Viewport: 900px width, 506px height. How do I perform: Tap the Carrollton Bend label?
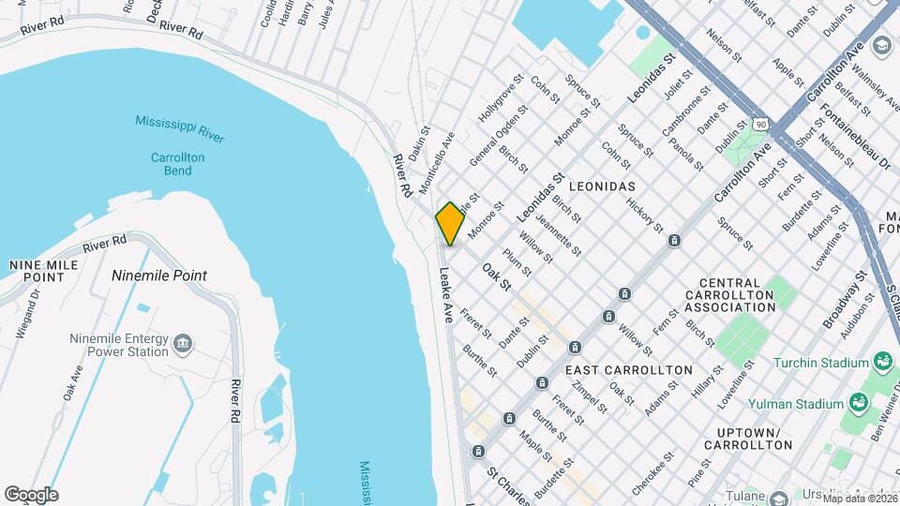tap(177, 165)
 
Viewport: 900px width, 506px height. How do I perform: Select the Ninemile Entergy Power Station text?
tap(119, 346)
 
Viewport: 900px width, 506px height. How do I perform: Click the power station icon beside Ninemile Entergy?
tap(183, 346)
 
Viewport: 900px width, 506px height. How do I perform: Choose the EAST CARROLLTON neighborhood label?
tap(629, 370)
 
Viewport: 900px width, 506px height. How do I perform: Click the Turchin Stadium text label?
tap(822, 363)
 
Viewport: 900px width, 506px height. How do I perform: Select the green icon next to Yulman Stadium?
tap(858, 403)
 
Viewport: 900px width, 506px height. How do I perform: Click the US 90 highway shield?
tap(759, 123)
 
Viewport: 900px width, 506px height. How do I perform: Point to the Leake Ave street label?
tap(446, 296)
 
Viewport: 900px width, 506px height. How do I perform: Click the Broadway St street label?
tap(842, 300)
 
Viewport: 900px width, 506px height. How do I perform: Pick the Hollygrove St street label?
tap(498, 104)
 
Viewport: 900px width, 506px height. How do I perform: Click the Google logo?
tap(31, 495)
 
